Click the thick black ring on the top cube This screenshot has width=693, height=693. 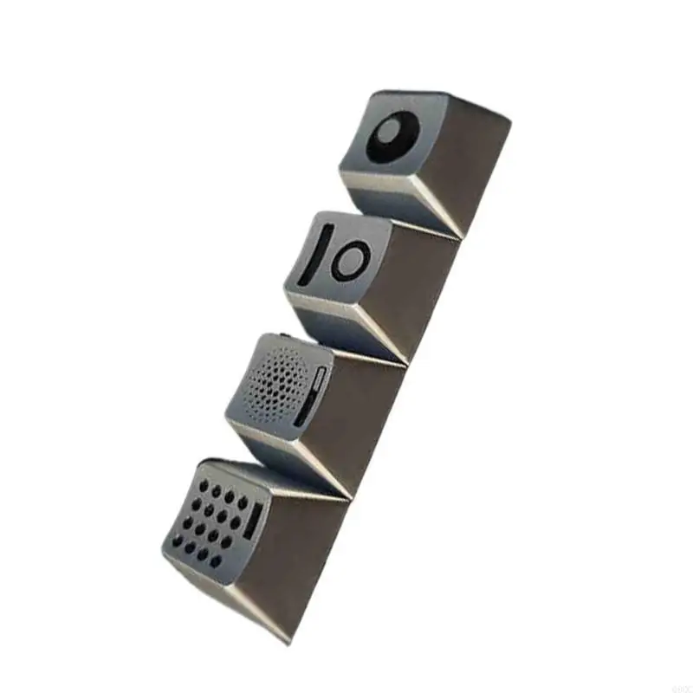tap(374, 147)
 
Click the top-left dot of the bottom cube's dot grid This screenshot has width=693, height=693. tap(203, 483)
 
